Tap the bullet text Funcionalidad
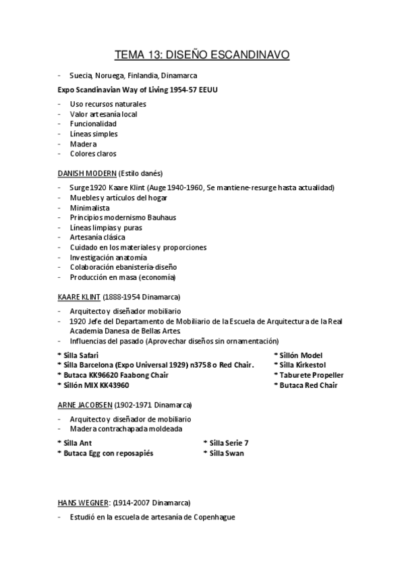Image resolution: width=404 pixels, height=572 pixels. [93, 124]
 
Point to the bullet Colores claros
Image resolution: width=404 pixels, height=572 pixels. [92, 153]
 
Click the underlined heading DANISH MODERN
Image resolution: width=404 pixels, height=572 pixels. [87, 173]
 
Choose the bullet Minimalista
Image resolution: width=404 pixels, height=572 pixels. [89, 208]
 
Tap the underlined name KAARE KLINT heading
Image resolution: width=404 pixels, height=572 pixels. [79, 297]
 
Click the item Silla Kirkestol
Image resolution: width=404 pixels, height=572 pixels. [301, 365]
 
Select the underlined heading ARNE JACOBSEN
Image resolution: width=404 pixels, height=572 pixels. [86, 405]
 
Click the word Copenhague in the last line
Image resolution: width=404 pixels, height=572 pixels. [211, 517]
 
